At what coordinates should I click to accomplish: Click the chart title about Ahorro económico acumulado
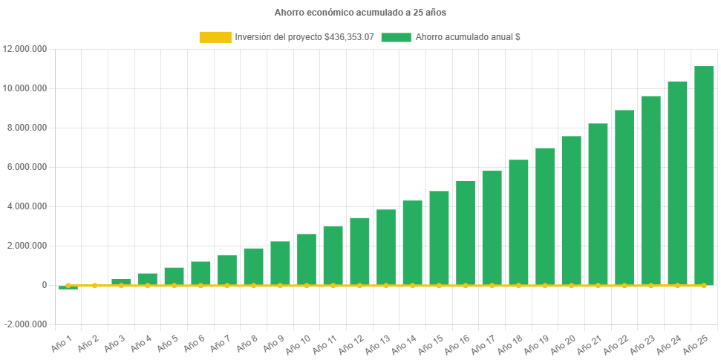point(360,13)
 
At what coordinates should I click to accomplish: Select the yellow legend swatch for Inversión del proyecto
point(215,37)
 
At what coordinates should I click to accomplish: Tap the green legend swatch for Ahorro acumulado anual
point(396,37)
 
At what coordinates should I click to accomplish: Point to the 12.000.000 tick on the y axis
point(25,49)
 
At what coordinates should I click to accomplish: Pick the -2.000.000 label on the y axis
point(25,324)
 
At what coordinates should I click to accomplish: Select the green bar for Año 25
point(704,175)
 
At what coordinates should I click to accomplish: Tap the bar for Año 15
point(439,238)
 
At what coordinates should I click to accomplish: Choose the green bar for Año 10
point(307,259)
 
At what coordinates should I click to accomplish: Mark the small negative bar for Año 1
point(68,287)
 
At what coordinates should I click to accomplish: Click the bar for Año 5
point(174,276)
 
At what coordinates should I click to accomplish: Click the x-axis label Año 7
point(220,344)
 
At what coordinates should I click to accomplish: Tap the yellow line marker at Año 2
point(94,285)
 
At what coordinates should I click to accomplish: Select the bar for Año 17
point(492,227)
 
